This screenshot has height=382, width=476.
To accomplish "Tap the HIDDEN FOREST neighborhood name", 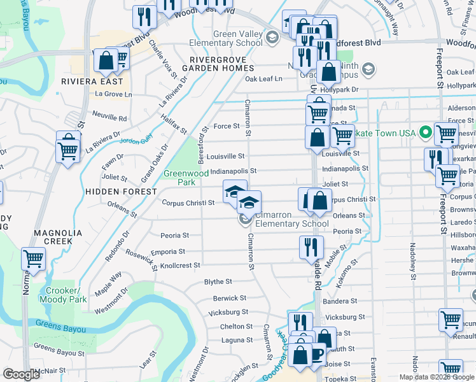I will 121,192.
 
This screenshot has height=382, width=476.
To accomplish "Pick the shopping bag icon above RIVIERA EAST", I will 105,61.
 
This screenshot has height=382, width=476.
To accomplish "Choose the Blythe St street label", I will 218,281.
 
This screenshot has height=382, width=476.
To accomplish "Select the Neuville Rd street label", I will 110,118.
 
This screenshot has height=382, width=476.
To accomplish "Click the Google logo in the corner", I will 22,374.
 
